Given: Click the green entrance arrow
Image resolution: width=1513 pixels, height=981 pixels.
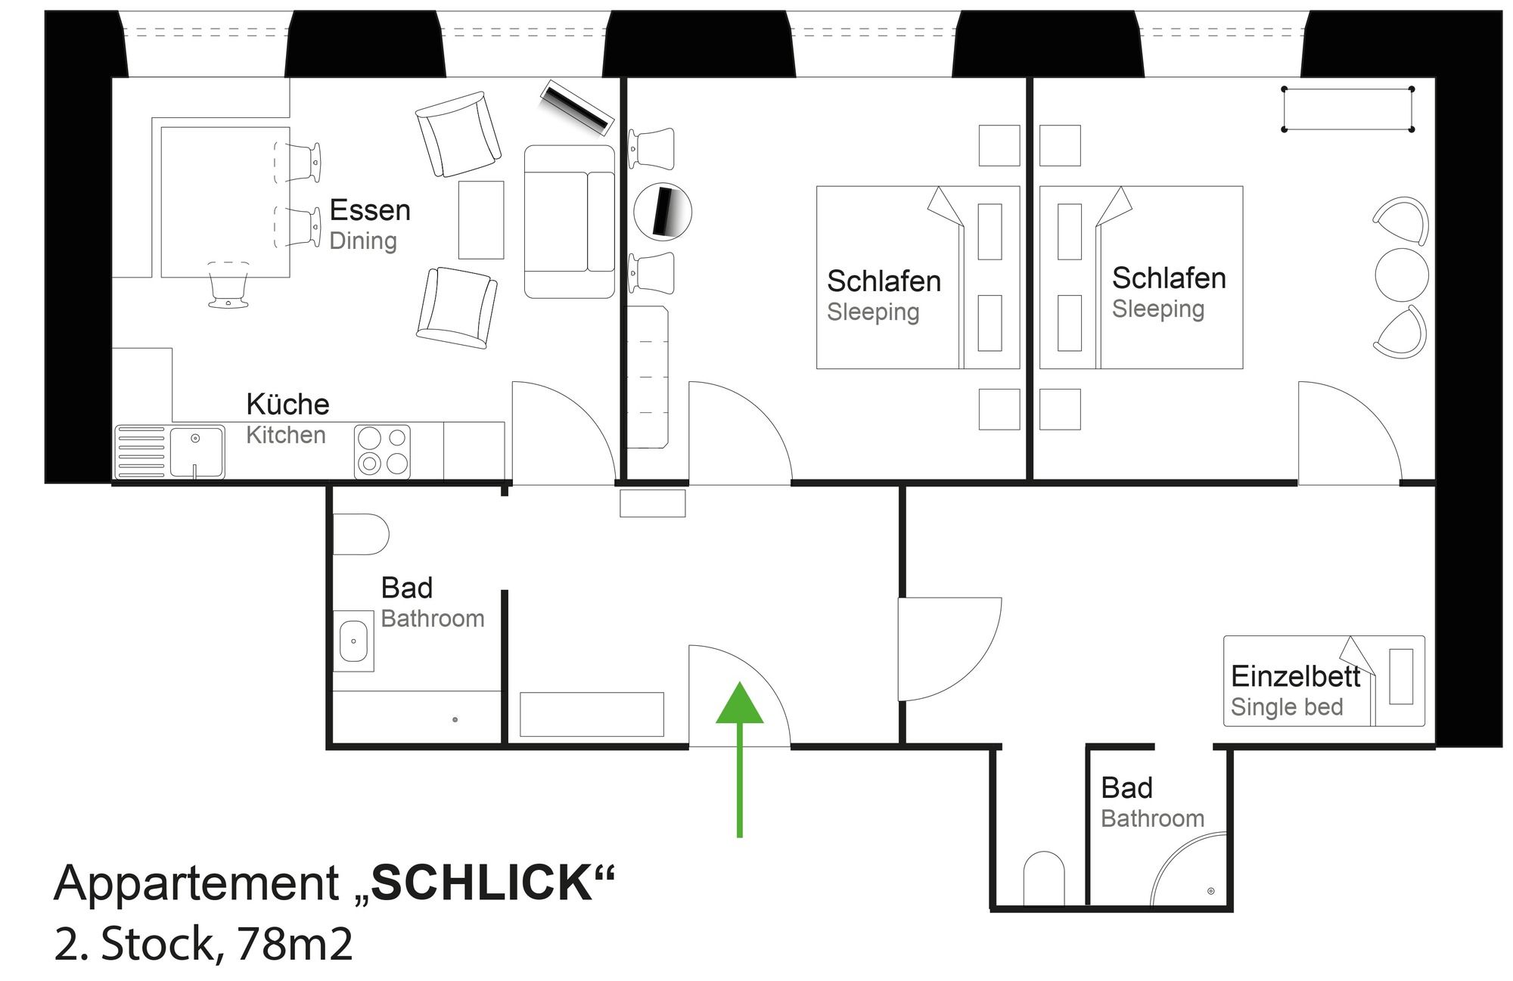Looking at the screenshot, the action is (739, 759).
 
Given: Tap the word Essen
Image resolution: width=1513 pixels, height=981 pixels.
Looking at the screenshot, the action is (370, 210).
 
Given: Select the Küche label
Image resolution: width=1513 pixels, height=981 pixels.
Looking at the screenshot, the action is (287, 404).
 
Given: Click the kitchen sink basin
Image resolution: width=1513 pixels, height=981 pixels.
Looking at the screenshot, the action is (197, 452).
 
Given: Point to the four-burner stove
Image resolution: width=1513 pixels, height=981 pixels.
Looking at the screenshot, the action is (383, 452).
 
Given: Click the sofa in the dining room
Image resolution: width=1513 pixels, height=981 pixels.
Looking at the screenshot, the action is (570, 222).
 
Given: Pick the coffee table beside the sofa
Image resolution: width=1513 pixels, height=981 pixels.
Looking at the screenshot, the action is (481, 219).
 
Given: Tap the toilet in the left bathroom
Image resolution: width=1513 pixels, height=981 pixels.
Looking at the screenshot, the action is (361, 534).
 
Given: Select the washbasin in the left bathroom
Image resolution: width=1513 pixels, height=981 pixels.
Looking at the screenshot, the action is (353, 641).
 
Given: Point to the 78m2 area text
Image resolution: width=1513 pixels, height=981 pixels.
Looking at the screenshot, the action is (295, 943).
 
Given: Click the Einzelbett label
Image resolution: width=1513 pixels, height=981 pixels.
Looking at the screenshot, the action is (1295, 676).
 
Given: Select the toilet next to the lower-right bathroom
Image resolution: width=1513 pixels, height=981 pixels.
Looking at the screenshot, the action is (1044, 878).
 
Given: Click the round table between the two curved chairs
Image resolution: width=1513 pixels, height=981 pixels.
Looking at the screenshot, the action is (1402, 275).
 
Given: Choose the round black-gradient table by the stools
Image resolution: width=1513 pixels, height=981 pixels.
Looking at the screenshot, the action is (663, 211).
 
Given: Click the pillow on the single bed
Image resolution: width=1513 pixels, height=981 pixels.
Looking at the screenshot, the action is (1401, 676).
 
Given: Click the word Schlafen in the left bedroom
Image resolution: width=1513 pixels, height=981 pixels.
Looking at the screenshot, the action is (884, 281).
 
